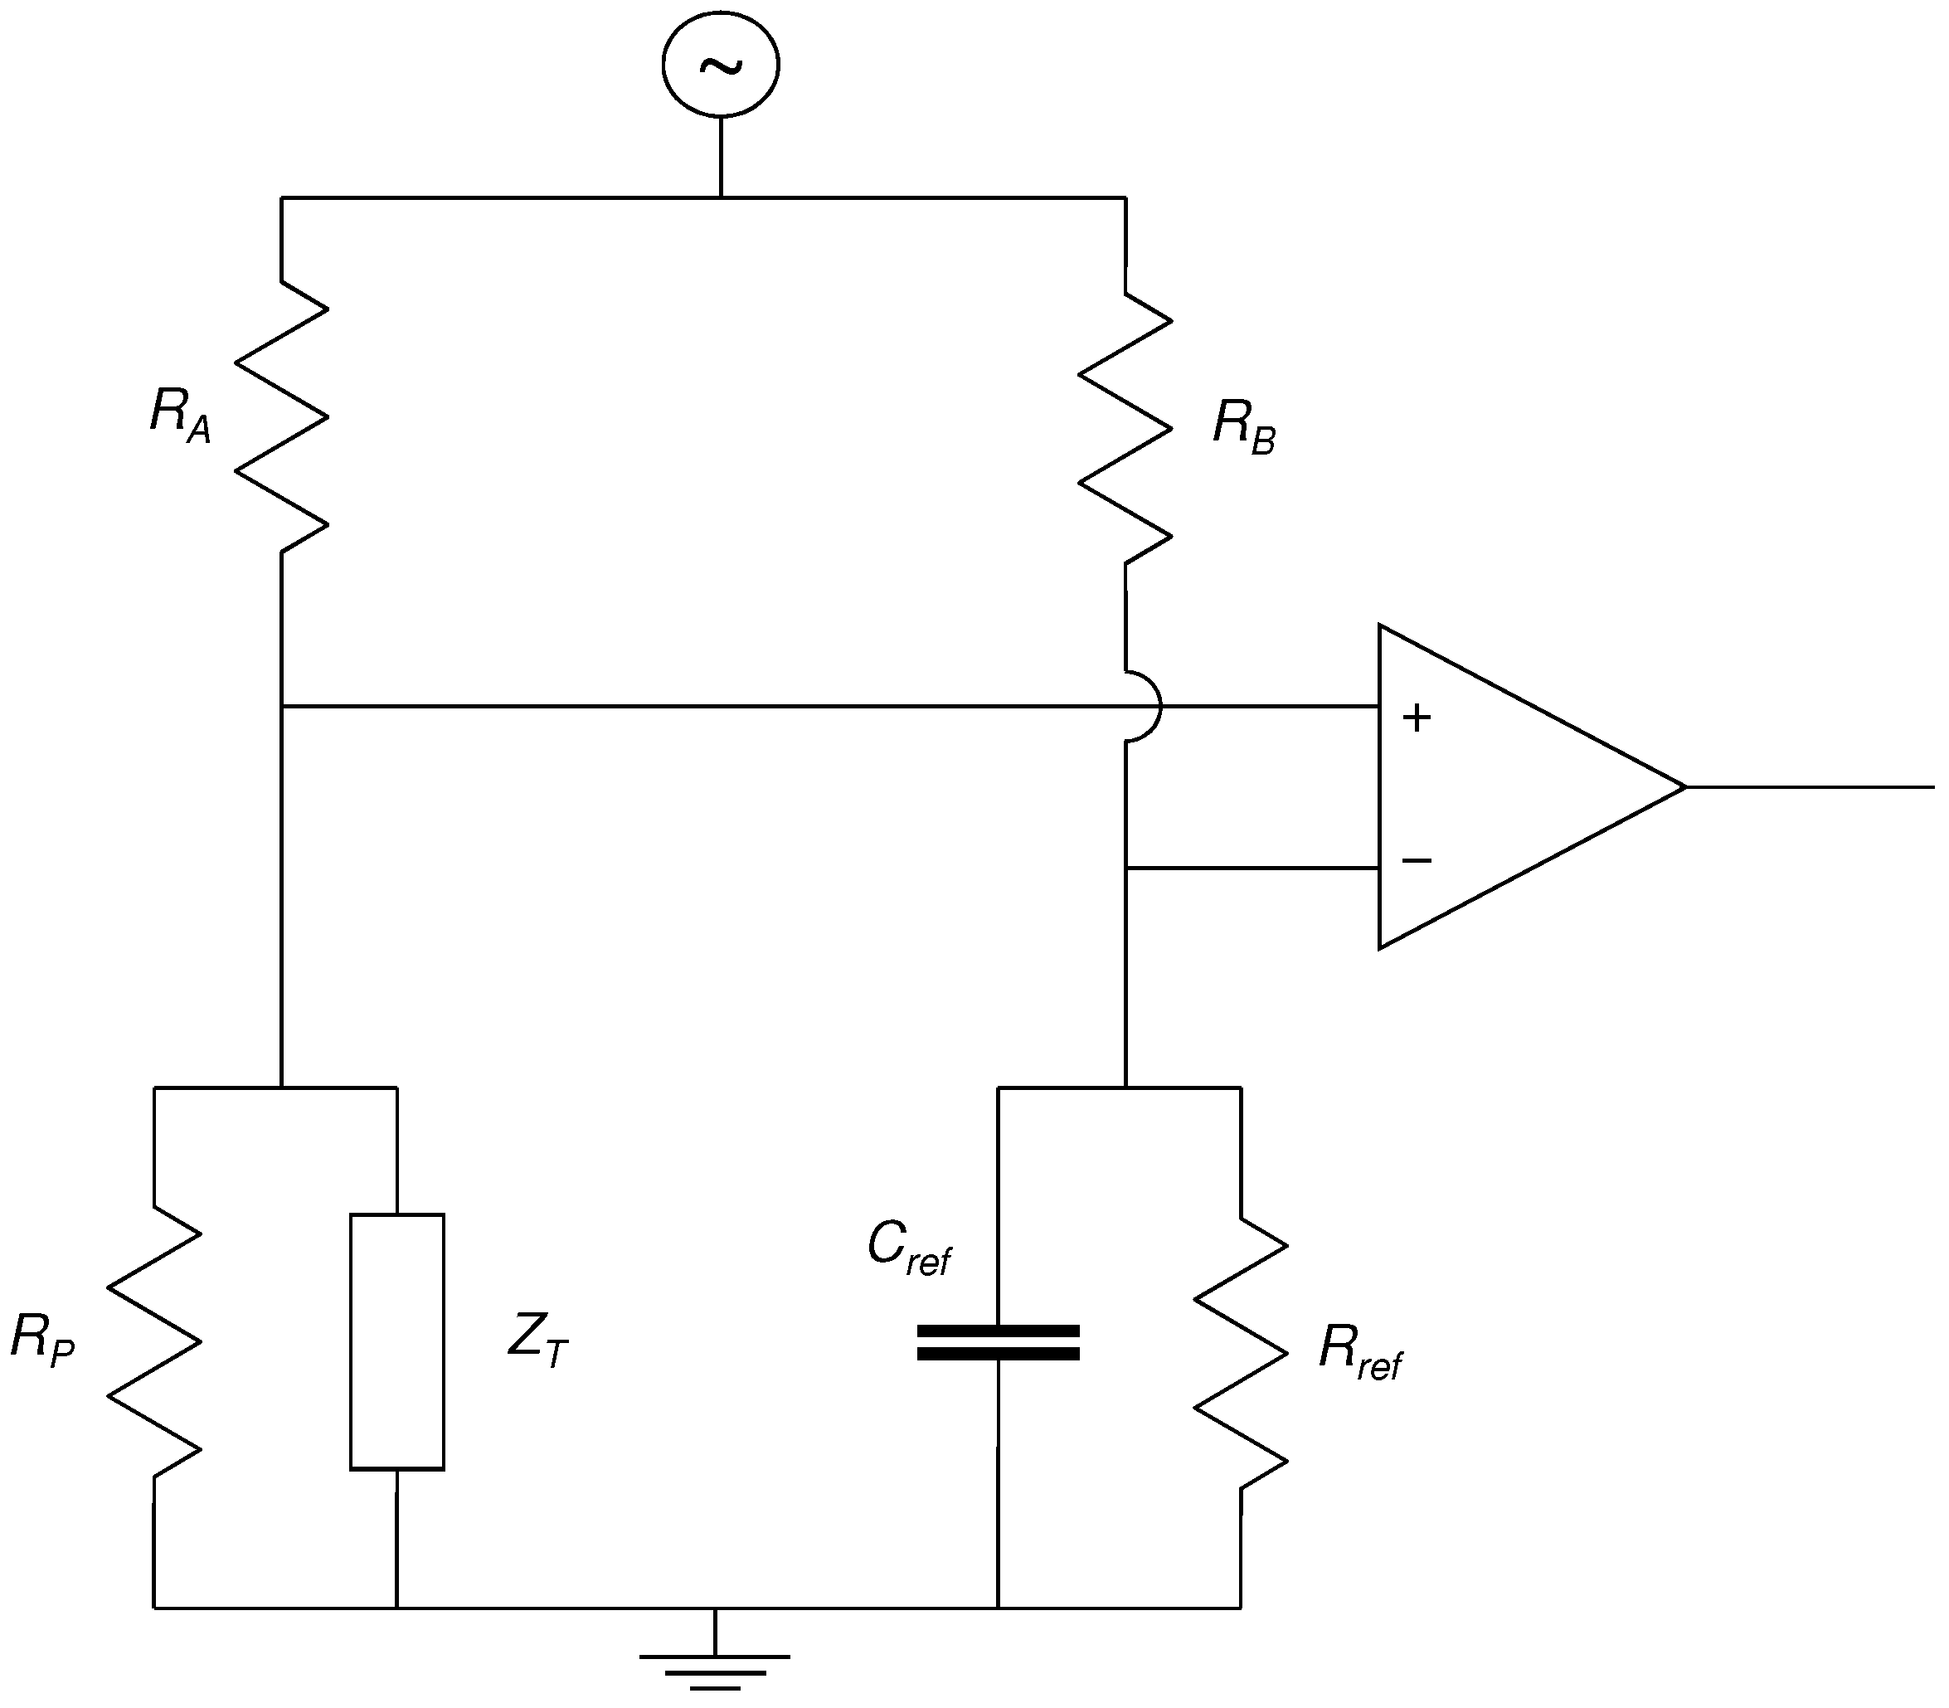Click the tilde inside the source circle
[x=721, y=65]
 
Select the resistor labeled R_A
[x=282, y=416]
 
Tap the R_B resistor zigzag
[x=1125, y=428]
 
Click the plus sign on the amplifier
[x=1417, y=718]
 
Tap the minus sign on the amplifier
[x=1417, y=861]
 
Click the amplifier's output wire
[x=1810, y=787]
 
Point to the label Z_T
[x=537, y=1338]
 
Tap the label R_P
[x=42, y=1338]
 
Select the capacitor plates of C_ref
[x=998, y=1342]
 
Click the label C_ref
[x=908, y=1248]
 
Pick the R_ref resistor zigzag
[x=1241, y=1352]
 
